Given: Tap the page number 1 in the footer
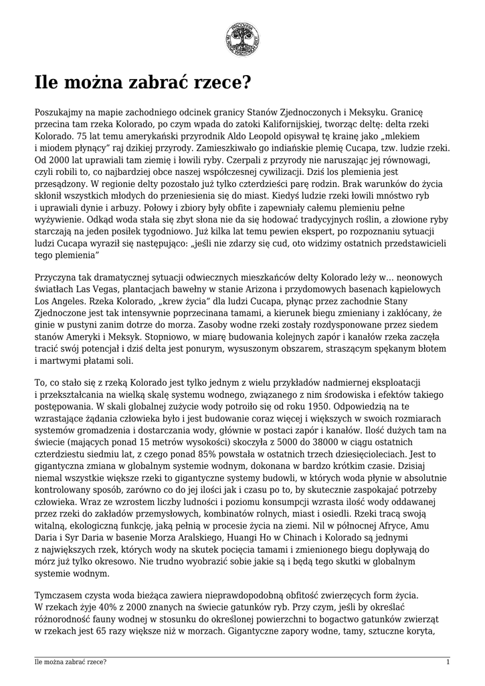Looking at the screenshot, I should coord(448,662).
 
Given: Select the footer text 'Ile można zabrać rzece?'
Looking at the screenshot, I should coord(71,662).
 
